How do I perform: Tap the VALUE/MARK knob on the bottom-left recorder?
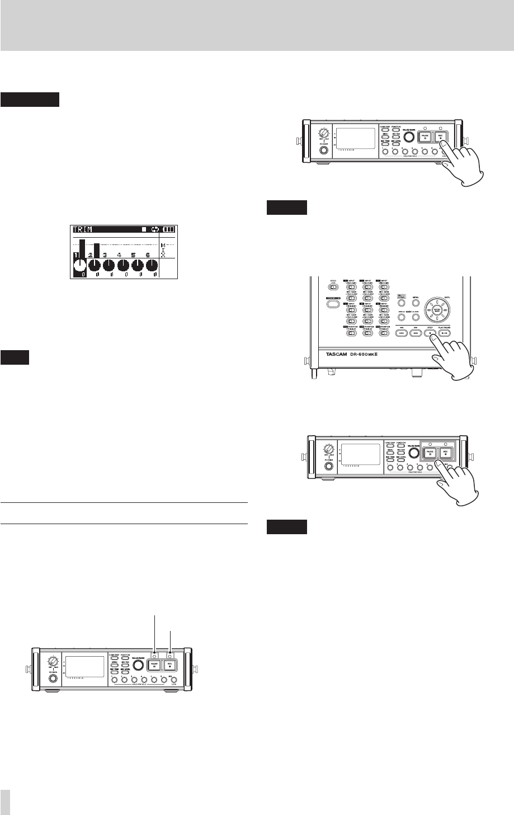[x=138, y=666]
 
